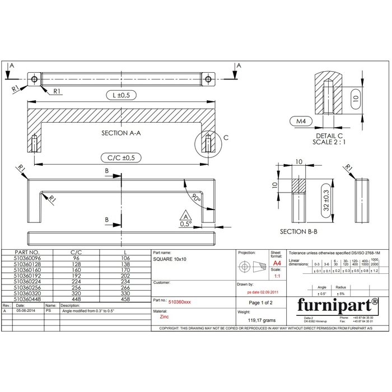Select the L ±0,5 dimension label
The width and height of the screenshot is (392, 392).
[x=120, y=95]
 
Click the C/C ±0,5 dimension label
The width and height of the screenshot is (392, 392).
[x=120, y=158]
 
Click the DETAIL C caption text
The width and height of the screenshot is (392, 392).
[x=330, y=136]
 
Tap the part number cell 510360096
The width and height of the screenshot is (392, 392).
[x=26, y=258]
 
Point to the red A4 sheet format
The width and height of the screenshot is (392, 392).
[x=277, y=263]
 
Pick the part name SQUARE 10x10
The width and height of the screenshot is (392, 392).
[x=170, y=260]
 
